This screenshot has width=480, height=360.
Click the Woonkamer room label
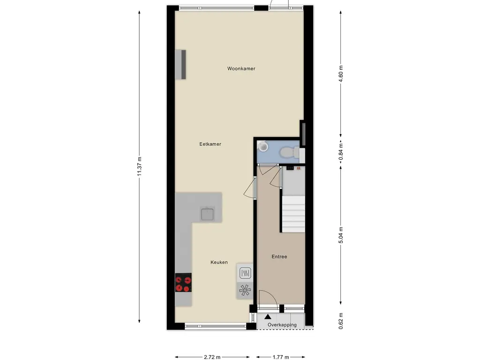[x=241, y=68]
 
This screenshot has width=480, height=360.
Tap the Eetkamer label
[x=210, y=144]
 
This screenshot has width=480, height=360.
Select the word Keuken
[x=219, y=262]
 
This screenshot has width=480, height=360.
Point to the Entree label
[x=279, y=256]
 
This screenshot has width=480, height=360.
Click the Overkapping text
[x=282, y=325]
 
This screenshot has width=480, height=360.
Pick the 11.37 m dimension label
[x=139, y=166]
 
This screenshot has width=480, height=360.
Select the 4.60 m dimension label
[x=341, y=74]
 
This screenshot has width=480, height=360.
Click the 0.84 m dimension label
[x=341, y=152]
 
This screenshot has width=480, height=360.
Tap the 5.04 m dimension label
[x=341, y=235]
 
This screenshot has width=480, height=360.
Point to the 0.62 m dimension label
[x=341, y=321]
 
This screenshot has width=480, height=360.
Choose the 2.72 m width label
[x=212, y=357]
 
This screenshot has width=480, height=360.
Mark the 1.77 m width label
[x=281, y=357]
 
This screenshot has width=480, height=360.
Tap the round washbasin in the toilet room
[x=262, y=146]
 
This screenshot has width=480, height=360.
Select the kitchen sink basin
[x=208, y=214]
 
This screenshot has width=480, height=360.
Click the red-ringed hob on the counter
[x=183, y=283]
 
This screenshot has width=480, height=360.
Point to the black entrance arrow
[x=268, y=316]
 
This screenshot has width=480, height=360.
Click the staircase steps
[x=293, y=214]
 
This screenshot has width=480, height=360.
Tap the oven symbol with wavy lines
[x=245, y=273]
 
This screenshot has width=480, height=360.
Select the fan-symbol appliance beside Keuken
[x=245, y=290]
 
